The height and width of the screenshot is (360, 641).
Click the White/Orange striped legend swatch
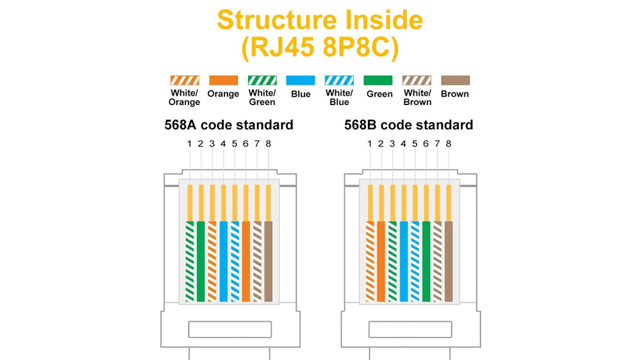(185, 80)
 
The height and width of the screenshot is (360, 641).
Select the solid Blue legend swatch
(301, 80)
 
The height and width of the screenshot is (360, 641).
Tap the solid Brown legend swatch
(455, 80)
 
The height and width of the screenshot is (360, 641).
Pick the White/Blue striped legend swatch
(339, 80)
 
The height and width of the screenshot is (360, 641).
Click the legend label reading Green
(379, 94)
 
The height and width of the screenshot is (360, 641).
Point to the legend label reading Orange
(223, 94)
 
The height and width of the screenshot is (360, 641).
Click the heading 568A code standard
(229, 125)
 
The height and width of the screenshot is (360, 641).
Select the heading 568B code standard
(408, 125)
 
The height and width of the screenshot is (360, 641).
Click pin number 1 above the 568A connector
(189, 144)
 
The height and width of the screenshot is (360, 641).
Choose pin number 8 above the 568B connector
(449, 144)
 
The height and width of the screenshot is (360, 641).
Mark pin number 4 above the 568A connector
(223, 144)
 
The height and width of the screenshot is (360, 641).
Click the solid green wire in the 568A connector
(201, 261)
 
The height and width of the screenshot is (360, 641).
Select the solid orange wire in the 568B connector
(381, 261)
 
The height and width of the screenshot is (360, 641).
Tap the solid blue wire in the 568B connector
(404, 261)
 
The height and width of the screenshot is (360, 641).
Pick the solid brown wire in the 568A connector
(268, 261)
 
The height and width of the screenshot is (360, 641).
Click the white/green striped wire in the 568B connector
(392, 261)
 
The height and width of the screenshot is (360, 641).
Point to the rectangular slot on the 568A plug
(229, 329)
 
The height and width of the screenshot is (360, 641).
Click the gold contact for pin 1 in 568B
(370, 203)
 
